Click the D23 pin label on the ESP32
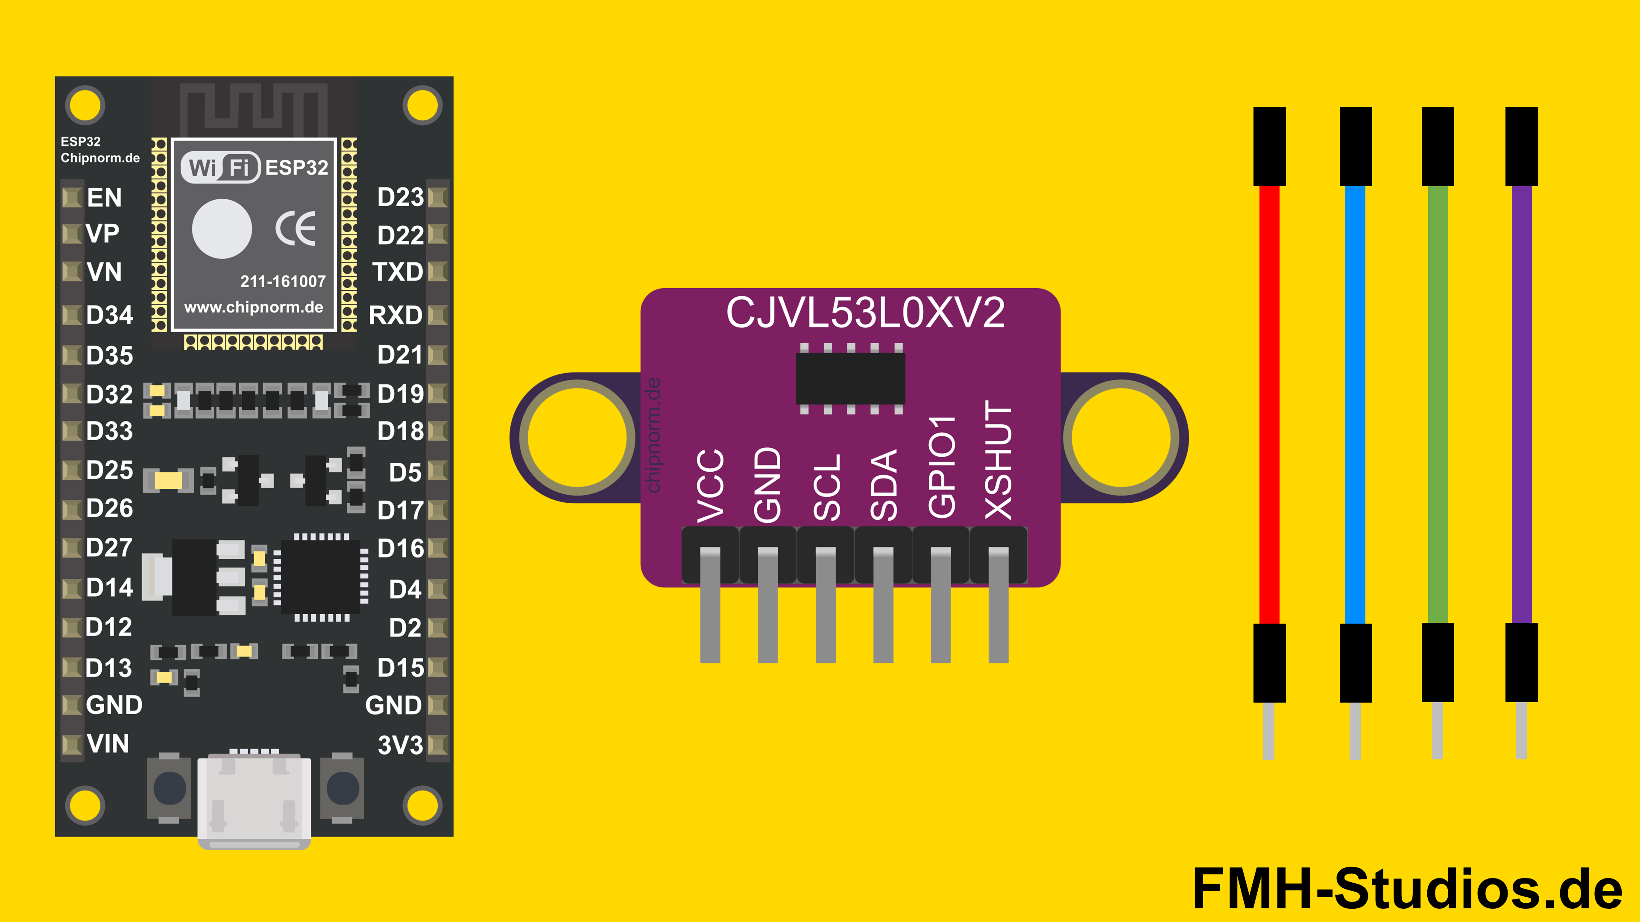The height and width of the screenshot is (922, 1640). [400, 197]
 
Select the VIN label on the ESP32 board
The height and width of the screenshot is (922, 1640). [108, 743]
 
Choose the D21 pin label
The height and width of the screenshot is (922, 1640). [400, 354]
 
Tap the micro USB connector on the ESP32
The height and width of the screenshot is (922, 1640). [254, 802]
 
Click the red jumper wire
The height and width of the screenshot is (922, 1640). [1269, 404]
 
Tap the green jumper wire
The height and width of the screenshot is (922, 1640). [1438, 404]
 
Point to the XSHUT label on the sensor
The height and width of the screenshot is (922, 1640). [998, 459]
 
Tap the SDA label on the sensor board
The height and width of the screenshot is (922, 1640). [884, 485]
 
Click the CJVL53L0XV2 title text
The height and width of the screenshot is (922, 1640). [865, 313]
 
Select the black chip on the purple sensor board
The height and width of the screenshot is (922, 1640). [850, 379]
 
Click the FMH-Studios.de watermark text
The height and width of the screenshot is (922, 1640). [1407, 888]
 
